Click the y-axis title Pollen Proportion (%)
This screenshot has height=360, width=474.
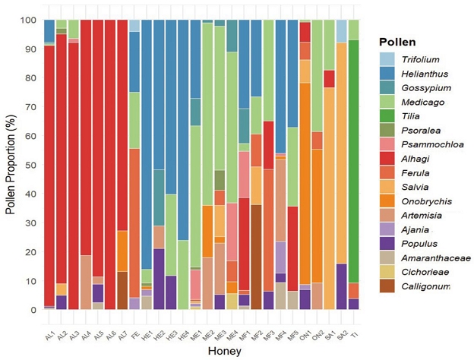[12, 166]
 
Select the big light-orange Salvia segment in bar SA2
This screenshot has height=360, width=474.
[342, 152]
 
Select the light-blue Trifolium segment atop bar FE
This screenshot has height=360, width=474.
[134, 26]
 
